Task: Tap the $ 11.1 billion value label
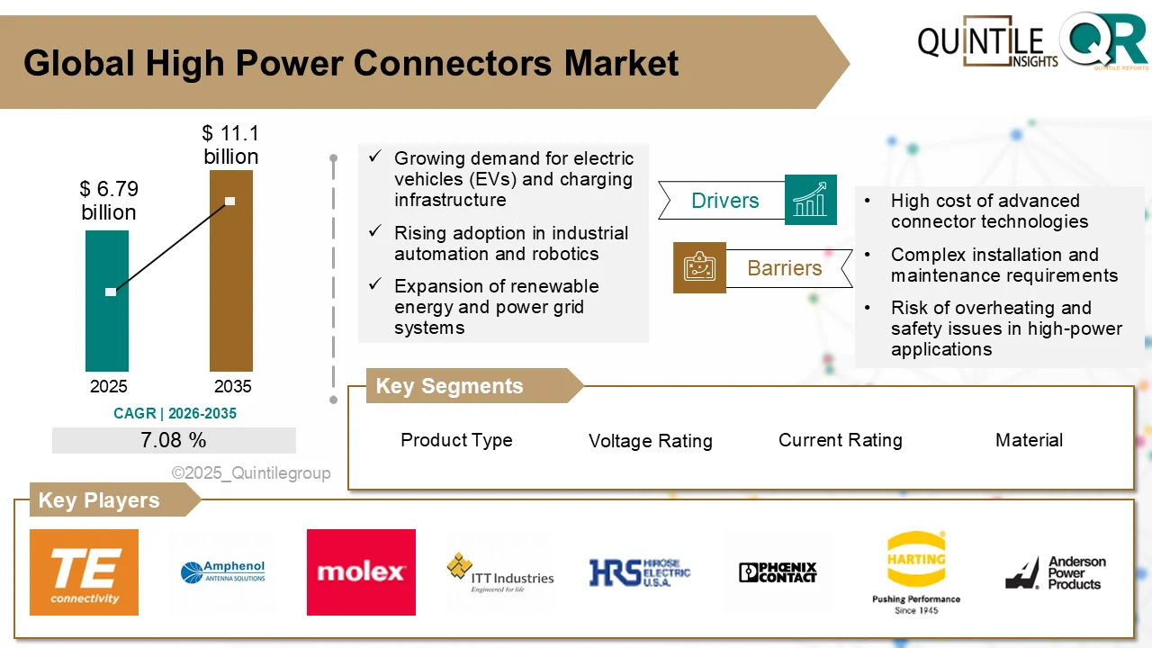[230, 145]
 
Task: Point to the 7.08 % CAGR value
[174, 440]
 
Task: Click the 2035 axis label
[232, 386]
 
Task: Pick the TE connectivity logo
[85, 572]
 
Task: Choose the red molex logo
[361, 572]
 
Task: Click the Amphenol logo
[222, 572]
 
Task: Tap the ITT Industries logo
[499, 573]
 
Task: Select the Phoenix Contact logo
[778, 572]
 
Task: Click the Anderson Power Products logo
[1056, 572]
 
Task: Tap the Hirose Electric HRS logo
[640, 572]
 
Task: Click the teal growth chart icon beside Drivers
[811, 200]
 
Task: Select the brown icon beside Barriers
[699, 267]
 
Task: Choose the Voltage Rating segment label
[651, 441]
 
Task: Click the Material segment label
[1029, 440]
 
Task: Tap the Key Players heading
[99, 500]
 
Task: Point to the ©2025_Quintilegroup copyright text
[251, 472]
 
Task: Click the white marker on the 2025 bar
[111, 292]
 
